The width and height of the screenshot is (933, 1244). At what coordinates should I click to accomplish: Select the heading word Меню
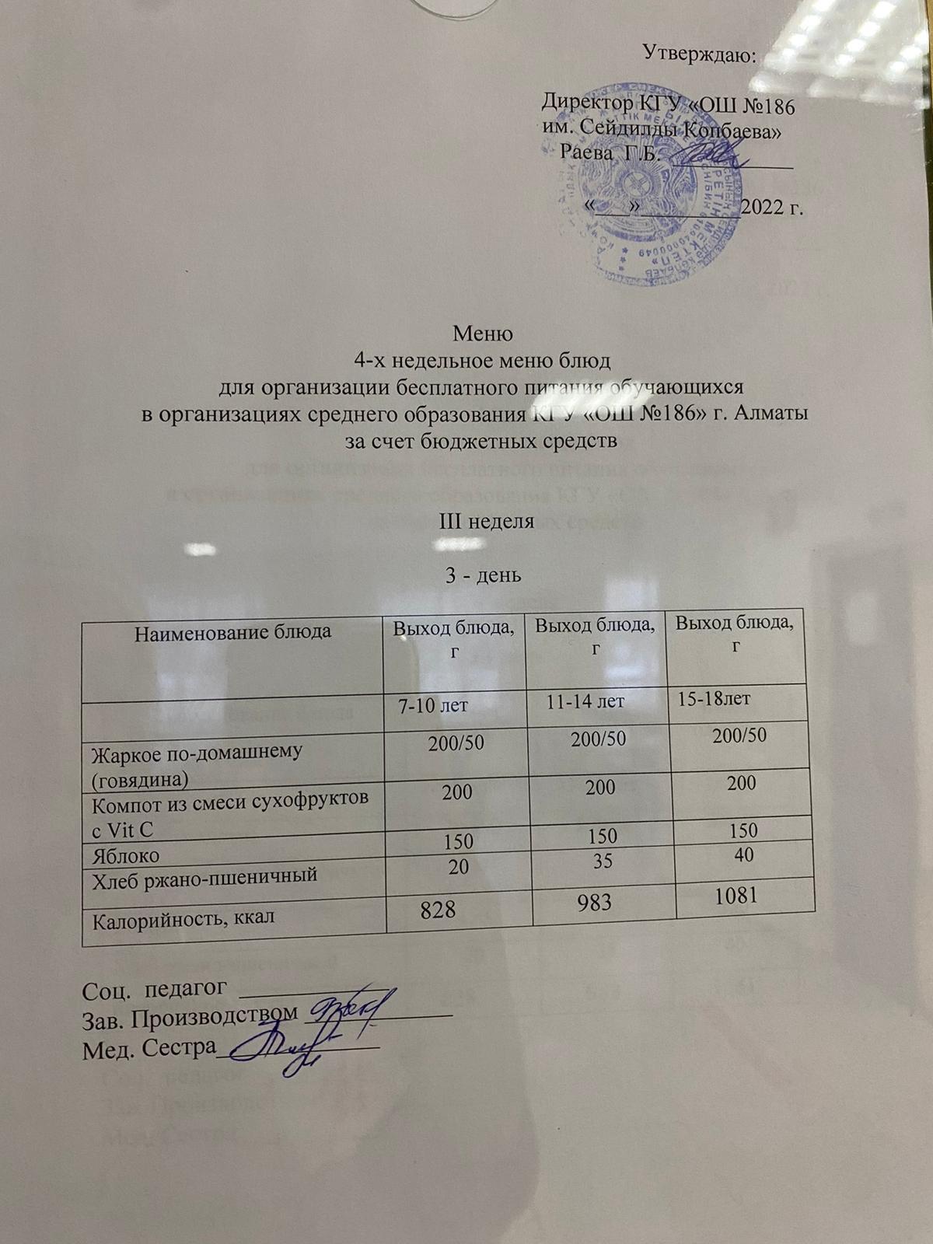483,334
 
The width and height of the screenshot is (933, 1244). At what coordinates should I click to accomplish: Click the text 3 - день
483,575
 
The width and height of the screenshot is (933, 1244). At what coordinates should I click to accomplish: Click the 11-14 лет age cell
585,702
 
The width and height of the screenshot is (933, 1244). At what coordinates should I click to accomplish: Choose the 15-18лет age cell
714,698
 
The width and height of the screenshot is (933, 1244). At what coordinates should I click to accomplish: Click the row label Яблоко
126,856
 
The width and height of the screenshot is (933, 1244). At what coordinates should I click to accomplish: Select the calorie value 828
438,909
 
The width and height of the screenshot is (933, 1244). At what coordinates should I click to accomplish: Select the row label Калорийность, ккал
183,921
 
